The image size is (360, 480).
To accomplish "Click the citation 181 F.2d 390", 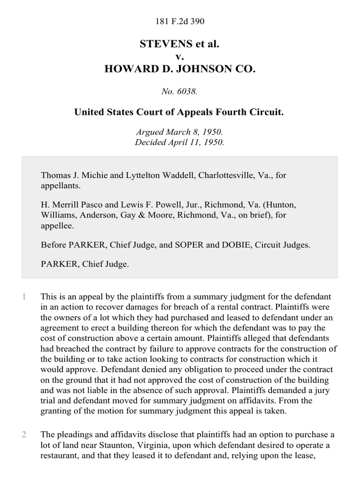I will point(180,21).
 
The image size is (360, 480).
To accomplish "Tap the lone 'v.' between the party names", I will point(180,57).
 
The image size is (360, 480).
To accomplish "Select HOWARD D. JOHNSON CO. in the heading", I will point(180,69).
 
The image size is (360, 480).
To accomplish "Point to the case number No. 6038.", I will point(180,92).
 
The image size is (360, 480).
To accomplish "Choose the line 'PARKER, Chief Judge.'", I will point(85,264).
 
